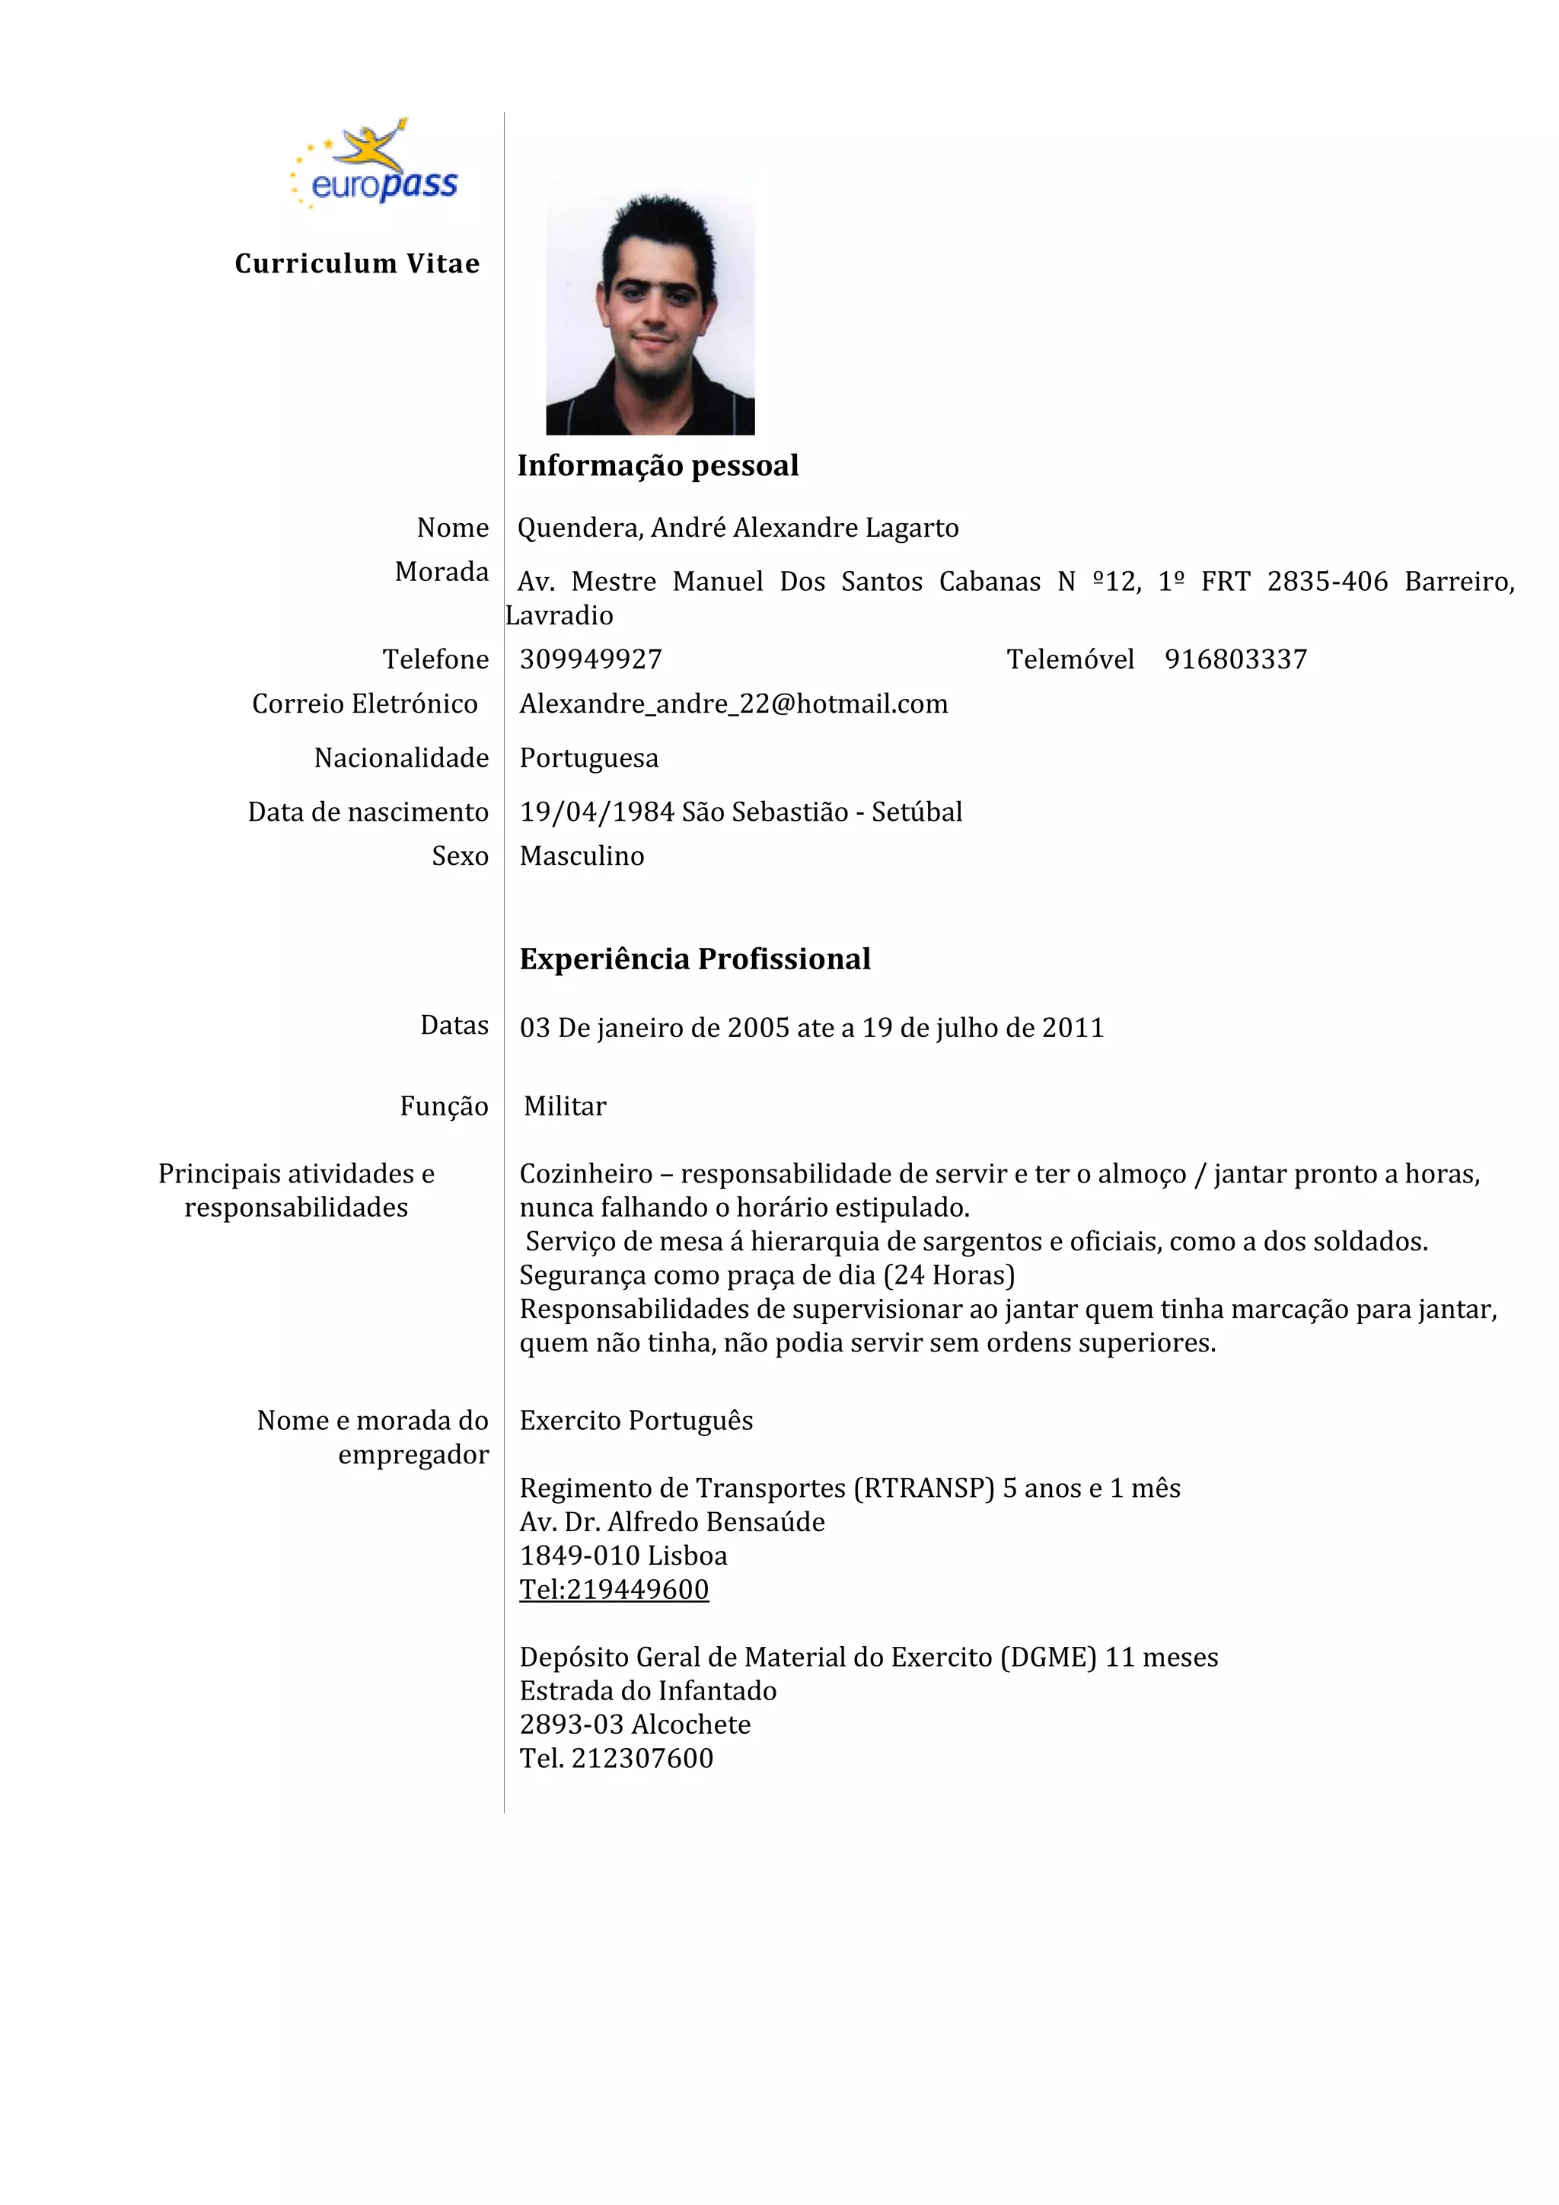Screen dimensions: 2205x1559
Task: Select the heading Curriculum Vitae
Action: pos(357,264)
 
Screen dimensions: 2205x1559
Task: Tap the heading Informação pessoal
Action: pos(658,466)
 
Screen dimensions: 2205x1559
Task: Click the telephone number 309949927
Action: pos(591,660)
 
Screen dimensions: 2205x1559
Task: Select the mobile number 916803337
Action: pos(1235,660)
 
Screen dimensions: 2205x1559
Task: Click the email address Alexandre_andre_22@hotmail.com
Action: pos(733,705)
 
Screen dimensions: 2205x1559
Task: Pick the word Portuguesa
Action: pos(588,758)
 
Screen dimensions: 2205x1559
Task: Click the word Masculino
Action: pos(582,857)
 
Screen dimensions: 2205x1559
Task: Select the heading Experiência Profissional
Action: pos(695,959)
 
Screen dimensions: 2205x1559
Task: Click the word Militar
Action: pos(566,1107)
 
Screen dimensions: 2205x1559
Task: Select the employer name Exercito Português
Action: pos(636,1422)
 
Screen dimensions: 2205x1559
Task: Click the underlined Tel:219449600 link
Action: pos(614,1591)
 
